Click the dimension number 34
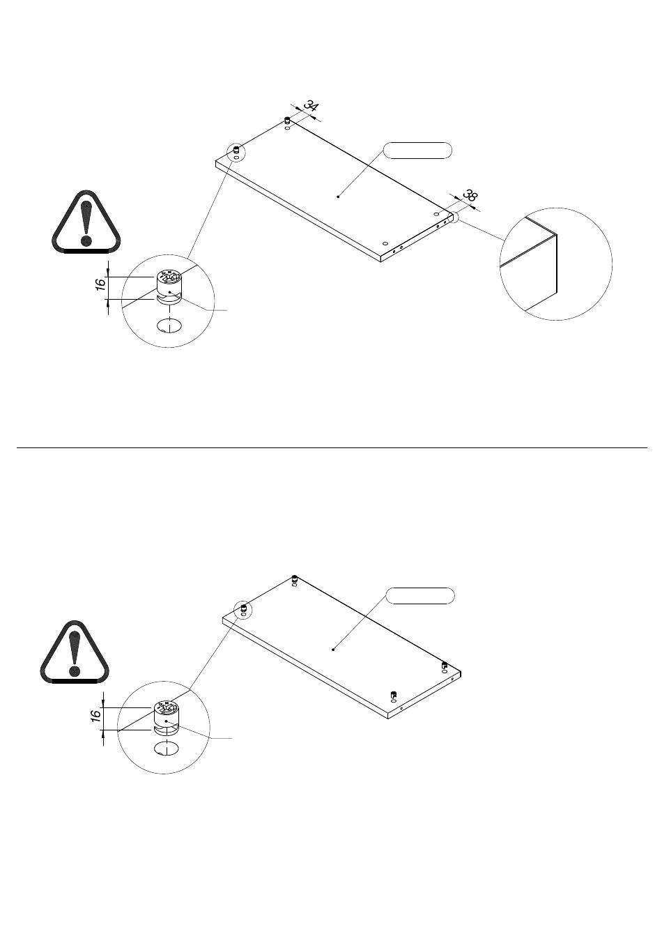[x=311, y=106]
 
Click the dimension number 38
[x=470, y=195]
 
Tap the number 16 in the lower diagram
[x=95, y=714]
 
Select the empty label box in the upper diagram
[x=418, y=151]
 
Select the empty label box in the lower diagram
[x=420, y=596]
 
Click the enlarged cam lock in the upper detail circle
[x=169, y=286]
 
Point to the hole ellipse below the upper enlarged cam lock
[x=169, y=325]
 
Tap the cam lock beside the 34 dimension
[x=287, y=121]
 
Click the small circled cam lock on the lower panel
[x=243, y=608]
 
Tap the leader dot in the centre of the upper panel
[x=338, y=196]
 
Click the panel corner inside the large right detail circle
[x=557, y=233]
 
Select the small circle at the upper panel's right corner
[x=454, y=216]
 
